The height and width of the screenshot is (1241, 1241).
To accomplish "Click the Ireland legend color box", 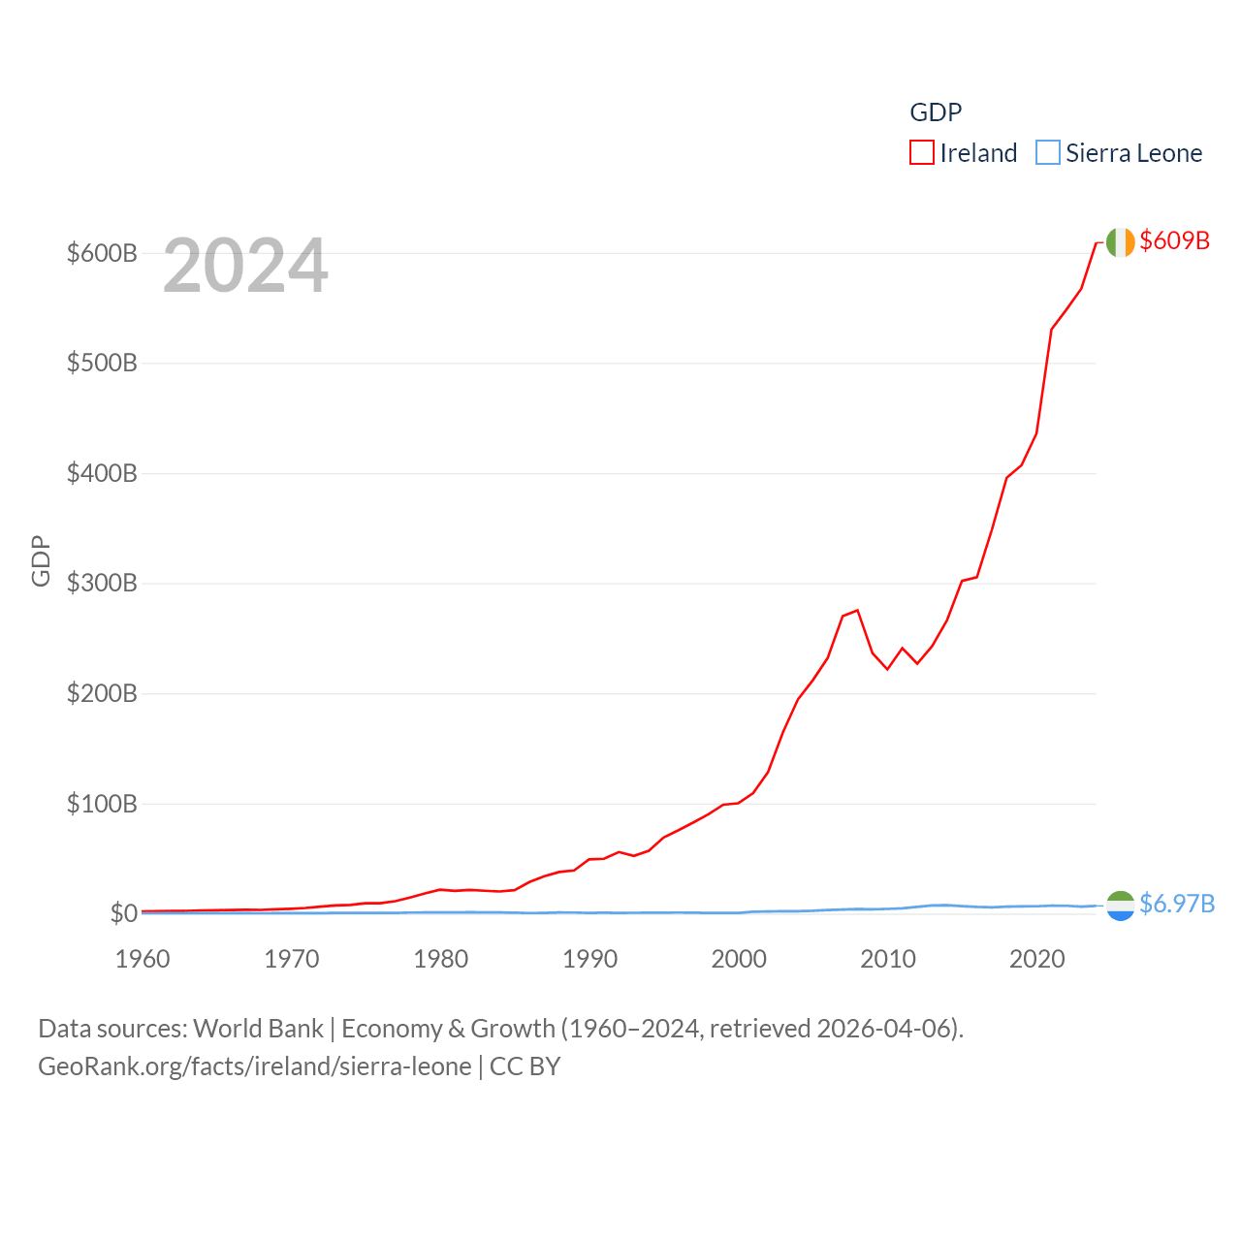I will [x=922, y=153].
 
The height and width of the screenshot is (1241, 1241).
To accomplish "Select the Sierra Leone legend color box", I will [x=1048, y=153].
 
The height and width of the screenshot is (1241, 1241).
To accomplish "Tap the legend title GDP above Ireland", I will [x=936, y=112].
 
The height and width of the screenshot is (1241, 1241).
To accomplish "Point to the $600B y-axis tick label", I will [x=102, y=253].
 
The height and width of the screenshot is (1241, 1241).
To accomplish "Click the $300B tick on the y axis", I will [x=102, y=583].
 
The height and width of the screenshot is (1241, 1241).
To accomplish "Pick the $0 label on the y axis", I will [x=123, y=913].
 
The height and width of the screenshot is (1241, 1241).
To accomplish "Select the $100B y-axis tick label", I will [x=102, y=804].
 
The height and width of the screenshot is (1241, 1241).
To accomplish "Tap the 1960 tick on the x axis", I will [x=143, y=959].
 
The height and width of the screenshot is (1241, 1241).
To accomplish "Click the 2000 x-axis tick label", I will [x=739, y=959].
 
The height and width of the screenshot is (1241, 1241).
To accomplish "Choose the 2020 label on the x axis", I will [x=1037, y=959].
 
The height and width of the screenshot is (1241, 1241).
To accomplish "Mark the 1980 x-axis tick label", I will [x=441, y=959].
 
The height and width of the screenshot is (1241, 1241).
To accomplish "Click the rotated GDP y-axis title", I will [x=41, y=560].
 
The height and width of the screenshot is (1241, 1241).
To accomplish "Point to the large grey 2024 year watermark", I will [x=245, y=266].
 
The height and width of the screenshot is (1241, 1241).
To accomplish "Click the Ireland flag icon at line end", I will [x=1120, y=242].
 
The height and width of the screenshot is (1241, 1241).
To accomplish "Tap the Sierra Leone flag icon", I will [x=1120, y=906].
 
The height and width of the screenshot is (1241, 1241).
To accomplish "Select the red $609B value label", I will [x=1175, y=240].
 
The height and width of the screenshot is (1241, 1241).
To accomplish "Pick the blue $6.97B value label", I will [x=1177, y=904].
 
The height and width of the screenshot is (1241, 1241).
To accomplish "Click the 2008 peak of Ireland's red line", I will [x=857, y=610].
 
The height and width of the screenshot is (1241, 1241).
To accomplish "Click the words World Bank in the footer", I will [x=259, y=1028].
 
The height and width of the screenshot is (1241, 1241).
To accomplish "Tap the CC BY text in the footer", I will [x=525, y=1066].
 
